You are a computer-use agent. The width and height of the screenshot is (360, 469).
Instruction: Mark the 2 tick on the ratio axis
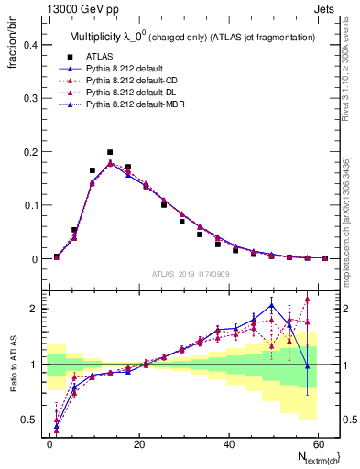34,309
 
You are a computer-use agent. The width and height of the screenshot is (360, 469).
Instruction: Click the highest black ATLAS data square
110,152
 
